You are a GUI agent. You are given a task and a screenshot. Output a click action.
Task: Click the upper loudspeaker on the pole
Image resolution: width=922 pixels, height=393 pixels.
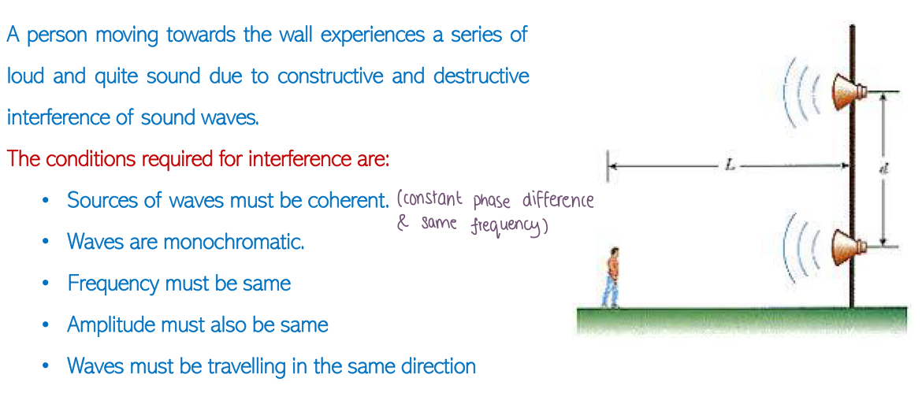click(849, 92)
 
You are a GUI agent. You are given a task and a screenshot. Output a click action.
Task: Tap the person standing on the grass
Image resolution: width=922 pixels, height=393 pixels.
click(612, 277)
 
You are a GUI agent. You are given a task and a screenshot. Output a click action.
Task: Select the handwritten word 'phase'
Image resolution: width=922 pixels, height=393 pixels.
click(493, 202)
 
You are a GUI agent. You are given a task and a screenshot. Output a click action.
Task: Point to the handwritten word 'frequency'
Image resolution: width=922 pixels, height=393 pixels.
click(507, 226)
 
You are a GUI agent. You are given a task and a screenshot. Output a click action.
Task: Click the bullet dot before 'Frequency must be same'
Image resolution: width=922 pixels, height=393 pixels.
click(46, 284)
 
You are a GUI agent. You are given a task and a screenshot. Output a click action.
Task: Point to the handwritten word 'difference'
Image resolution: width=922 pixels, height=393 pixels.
click(558, 202)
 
